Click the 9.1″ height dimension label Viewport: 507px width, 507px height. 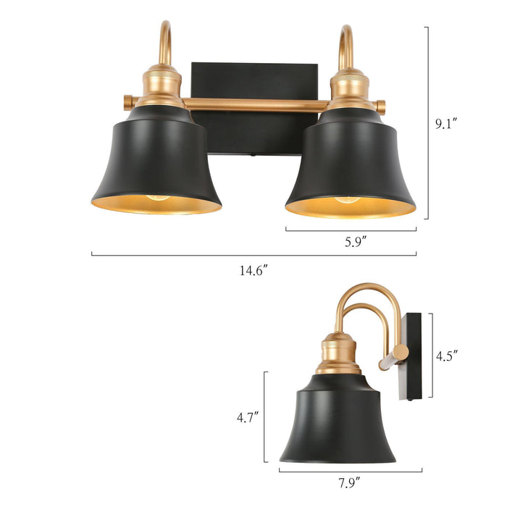tap(446, 124)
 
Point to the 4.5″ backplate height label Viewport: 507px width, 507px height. tap(446, 356)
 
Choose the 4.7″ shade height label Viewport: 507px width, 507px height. tap(248, 417)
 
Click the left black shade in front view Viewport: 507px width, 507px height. tap(156, 163)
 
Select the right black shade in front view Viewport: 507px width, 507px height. tap(351, 163)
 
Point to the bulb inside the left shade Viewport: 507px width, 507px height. tap(156, 198)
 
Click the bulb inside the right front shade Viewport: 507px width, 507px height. tap(348, 200)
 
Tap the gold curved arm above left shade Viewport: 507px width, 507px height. tap(164, 43)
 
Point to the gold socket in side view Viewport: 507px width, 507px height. tap(338, 353)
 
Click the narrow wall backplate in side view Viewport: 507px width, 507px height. tap(416, 355)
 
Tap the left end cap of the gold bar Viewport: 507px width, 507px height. tap(127, 101)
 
